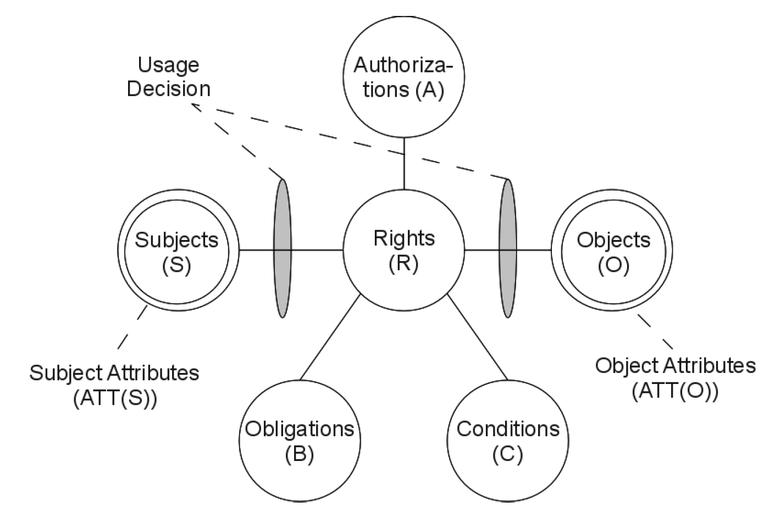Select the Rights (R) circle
(404, 251)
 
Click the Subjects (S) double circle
(177, 251)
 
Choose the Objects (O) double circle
(612, 251)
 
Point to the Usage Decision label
(168, 77)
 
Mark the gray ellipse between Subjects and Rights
(283, 248)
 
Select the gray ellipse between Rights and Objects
(508, 248)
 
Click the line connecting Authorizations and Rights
(404, 163)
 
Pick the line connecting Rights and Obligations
(330, 337)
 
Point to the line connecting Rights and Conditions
(477, 337)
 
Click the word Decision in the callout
(168, 89)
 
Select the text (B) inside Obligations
(300, 454)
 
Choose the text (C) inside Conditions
(507, 454)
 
